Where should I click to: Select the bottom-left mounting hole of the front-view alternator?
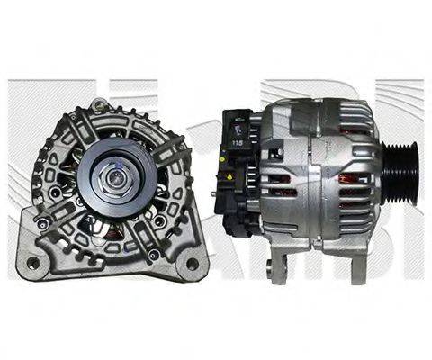point(33,263)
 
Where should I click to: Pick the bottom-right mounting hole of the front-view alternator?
point(192,263)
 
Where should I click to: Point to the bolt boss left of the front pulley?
point(56,192)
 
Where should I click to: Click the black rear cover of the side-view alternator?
point(238,171)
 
